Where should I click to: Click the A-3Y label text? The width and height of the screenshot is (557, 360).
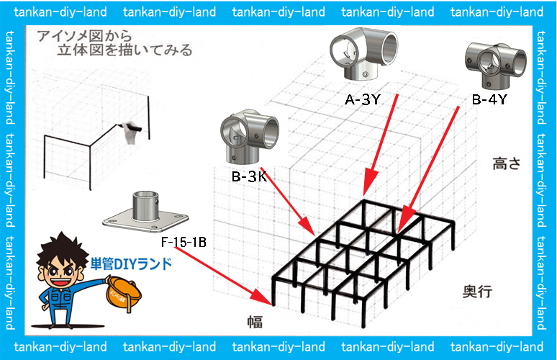click(362, 100)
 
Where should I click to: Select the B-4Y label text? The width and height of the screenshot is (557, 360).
click(489, 100)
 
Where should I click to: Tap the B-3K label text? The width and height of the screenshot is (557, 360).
click(249, 176)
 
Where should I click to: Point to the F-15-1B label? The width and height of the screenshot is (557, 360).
click(184, 242)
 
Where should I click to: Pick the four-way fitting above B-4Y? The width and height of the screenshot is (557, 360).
click(490, 66)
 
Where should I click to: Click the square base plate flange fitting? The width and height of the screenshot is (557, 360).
click(146, 213)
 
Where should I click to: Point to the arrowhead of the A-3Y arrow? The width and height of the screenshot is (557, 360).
click(368, 189)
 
